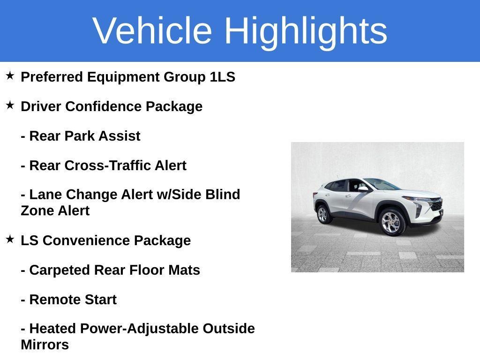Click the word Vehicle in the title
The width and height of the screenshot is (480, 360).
[152, 30]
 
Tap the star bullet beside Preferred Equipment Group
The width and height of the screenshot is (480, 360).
[10, 75]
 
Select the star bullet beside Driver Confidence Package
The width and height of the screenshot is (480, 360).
[10, 105]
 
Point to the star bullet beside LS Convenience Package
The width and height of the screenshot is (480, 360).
[10, 239]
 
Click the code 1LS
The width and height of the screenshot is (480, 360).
[223, 77]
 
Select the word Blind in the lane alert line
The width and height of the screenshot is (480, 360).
[223, 195]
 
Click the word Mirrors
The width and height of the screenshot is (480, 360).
[45, 345]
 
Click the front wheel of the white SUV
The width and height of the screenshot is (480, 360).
[391, 222]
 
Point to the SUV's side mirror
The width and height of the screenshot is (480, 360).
[363, 189]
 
